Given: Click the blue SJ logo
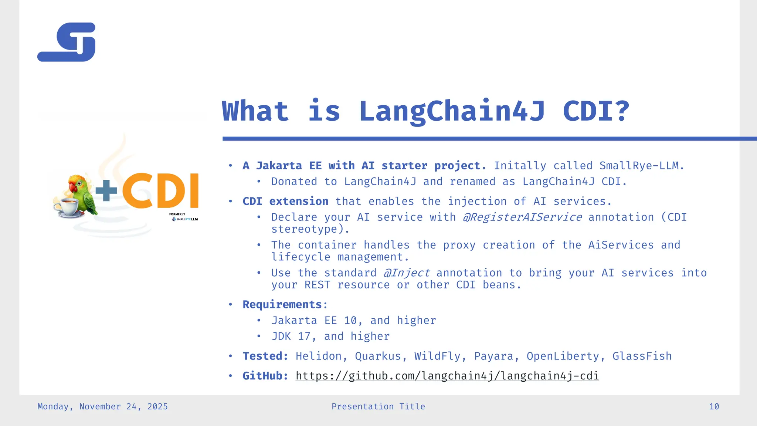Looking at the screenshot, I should click(x=67, y=42).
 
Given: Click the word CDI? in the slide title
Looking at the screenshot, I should click(x=595, y=111).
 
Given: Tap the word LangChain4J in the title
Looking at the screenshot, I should click(x=452, y=111).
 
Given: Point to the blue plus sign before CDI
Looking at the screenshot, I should click(x=106, y=191).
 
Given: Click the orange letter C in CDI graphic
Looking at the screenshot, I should click(x=138, y=191).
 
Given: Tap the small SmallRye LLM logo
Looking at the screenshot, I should click(x=185, y=219).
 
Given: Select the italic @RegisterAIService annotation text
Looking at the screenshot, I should click(x=522, y=217).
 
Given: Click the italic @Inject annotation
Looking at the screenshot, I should click(x=406, y=273).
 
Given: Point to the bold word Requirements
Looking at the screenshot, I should click(x=282, y=304).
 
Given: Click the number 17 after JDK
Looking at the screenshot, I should click(x=304, y=336).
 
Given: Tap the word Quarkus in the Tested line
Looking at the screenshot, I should click(x=378, y=356).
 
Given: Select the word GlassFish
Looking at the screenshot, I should click(x=642, y=356).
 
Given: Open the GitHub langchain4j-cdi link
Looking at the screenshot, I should click(x=447, y=376).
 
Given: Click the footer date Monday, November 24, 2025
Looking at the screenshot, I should click(x=102, y=407).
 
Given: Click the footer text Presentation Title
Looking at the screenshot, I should click(x=378, y=407).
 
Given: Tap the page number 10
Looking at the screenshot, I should click(x=714, y=407).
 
